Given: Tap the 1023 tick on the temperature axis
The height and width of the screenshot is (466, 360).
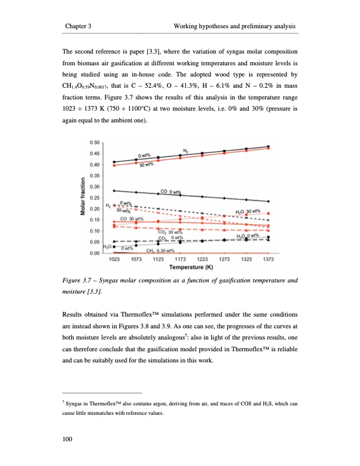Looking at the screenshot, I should click(114, 258).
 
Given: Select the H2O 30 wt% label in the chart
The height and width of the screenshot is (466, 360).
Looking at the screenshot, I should click(247, 212).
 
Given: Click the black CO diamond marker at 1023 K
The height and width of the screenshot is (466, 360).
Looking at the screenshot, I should click(114, 191).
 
